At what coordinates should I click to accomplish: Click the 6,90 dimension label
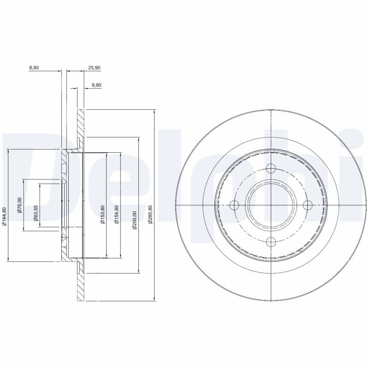[x=34, y=67]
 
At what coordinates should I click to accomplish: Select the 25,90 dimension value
[x=94, y=67]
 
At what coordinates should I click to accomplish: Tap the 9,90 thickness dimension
[x=96, y=85]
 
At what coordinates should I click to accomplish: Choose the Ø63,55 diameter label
[x=36, y=213]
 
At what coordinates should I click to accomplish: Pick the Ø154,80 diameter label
[x=117, y=214]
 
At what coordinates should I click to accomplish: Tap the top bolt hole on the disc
[x=271, y=169]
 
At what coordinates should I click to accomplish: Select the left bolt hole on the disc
[x=235, y=205]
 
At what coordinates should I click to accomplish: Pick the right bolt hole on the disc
[x=307, y=205]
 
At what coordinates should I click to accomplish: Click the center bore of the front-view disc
[x=271, y=205]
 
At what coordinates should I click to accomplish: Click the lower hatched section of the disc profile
[x=80, y=286]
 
